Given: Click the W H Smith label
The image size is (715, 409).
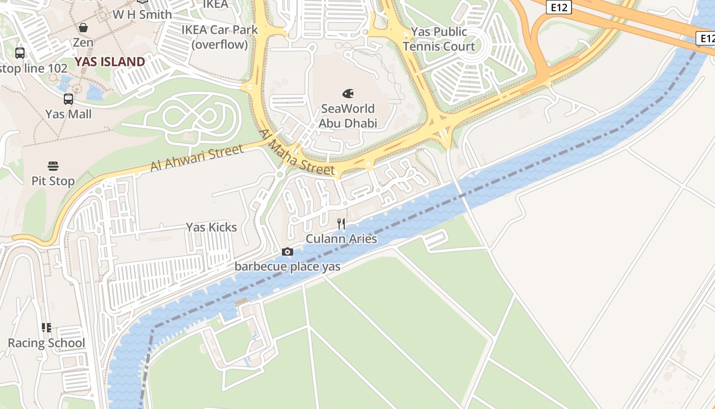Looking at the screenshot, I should click(x=142, y=14).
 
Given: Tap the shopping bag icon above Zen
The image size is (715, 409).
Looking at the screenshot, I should click(x=83, y=28).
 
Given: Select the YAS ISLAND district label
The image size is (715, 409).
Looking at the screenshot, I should click(x=110, y=62).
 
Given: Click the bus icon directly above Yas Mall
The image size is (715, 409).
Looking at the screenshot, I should click(x=68, y=99).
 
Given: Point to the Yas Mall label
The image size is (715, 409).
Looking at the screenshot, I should click(x=68, y=114).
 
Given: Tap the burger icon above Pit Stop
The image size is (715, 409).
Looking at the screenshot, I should click(x=53, y=166).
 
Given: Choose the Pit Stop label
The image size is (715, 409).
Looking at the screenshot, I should click(x=53, y=181).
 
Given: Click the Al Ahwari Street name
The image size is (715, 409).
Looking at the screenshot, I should click(x=197, y=158).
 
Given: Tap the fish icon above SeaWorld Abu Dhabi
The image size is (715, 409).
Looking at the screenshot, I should click(x=348, y=94).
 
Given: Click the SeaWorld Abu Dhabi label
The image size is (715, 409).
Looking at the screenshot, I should click(x=348, y=116).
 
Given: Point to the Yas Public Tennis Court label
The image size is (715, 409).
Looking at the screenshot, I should click(x=439, y=39).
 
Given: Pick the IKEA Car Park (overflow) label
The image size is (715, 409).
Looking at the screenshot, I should click(x=220, y=37).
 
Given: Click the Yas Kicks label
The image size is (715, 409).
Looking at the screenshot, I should click(x=211, y=227).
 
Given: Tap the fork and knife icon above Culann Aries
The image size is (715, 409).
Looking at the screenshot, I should click(x=341, y=224).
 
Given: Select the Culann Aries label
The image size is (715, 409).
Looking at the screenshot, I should click(x=341, y=239).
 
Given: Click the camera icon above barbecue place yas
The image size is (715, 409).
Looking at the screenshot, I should click(x=288, y=252).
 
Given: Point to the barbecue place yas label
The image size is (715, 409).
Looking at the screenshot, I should click(x=288, y=266).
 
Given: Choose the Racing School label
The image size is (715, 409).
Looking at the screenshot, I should click(x=46, y=343).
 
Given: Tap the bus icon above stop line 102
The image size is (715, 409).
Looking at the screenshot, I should click(x=20, y=53).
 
